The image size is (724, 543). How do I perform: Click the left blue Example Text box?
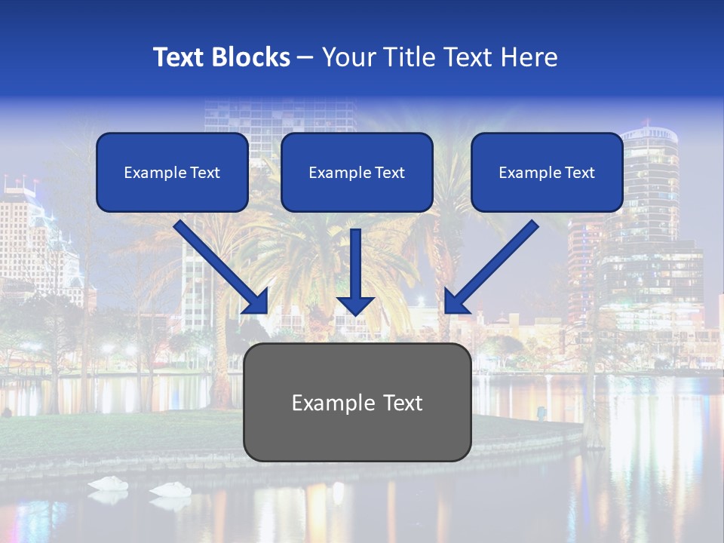(172, 173)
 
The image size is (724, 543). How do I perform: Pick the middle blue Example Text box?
(357, 173)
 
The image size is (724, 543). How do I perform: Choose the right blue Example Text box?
(547, 173)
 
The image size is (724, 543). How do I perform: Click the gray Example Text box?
(357, 403)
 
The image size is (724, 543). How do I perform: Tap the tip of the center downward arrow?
(355, 314)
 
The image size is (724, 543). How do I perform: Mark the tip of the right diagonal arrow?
(446, 311)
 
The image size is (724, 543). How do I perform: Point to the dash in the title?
(305, 57)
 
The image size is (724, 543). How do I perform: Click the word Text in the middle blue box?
(389, 173)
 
